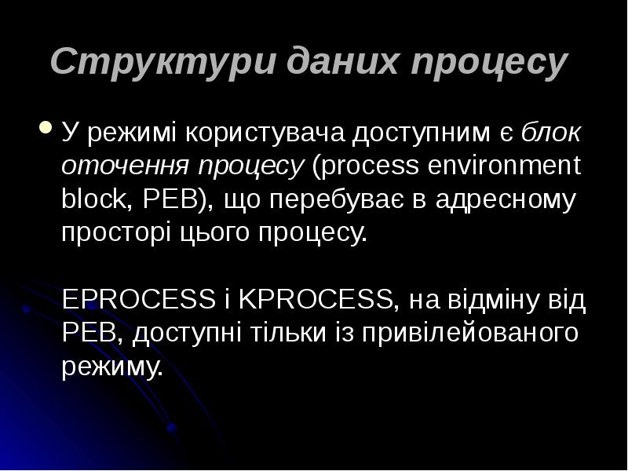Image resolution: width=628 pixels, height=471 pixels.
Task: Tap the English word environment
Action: click(502, 166)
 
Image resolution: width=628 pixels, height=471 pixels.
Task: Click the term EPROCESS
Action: click(138, 299)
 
